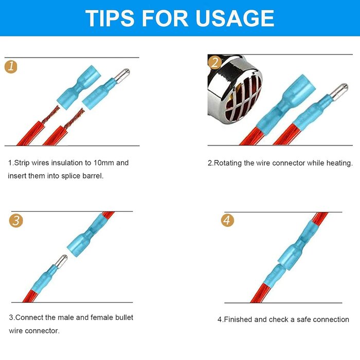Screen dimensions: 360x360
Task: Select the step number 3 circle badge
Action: [x=16, y=221]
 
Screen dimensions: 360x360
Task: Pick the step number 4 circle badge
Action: [x=228, y=221]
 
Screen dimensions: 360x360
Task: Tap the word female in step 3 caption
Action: [x=94, y=317]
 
